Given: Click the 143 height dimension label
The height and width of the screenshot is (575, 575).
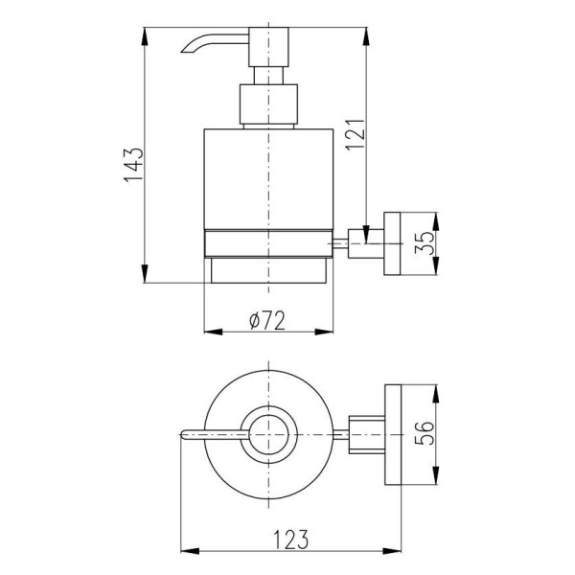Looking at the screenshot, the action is click(134, 166).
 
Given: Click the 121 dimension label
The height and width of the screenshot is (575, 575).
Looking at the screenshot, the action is click(356, 134).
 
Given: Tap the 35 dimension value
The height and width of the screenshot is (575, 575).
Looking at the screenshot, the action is click(425, 243).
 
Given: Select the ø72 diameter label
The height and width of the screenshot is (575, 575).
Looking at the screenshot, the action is click(267, 320).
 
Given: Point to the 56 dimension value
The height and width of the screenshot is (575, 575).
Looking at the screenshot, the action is click(425, 433).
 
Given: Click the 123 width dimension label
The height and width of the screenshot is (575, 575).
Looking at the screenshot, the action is click(291, 540).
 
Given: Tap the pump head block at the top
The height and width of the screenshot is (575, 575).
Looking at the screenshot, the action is click(268, 47).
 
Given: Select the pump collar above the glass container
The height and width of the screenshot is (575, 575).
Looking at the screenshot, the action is click(268, 104).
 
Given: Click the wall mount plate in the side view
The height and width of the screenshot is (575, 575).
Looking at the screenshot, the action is click(392, 243).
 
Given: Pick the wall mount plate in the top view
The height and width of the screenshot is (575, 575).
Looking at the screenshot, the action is click(393, 434).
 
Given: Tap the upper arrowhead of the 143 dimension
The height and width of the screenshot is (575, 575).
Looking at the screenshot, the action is click(146, 36).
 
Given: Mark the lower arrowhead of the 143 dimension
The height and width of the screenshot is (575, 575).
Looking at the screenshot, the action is click(146, 273).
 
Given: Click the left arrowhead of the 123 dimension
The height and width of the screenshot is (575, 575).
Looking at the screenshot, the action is click(190, 551).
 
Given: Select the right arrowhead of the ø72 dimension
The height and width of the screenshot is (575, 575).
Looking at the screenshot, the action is click(324, 332).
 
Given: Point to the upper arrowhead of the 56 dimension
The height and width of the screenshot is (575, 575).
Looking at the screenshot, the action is click(435, 394).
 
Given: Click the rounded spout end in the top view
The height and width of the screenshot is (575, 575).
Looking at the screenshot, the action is click(183, 434).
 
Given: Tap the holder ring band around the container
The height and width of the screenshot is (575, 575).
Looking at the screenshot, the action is click(268, 243).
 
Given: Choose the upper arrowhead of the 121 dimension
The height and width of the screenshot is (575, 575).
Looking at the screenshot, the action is click(366, 36).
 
